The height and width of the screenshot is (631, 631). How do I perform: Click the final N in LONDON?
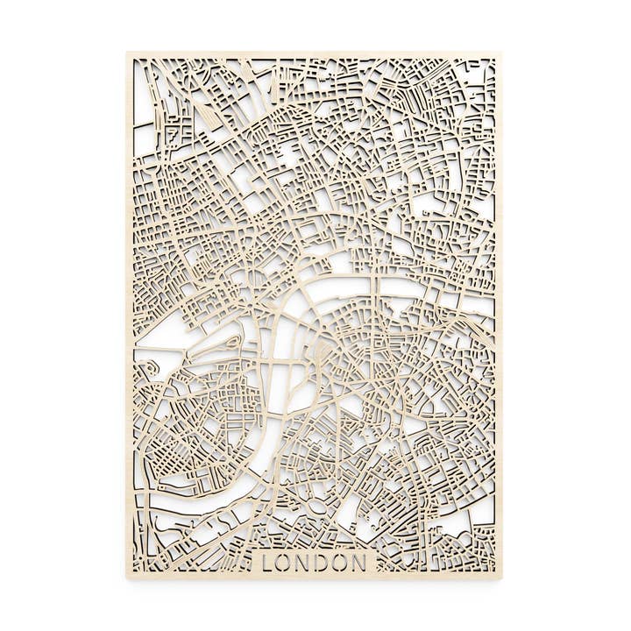click(x=363, y=562)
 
